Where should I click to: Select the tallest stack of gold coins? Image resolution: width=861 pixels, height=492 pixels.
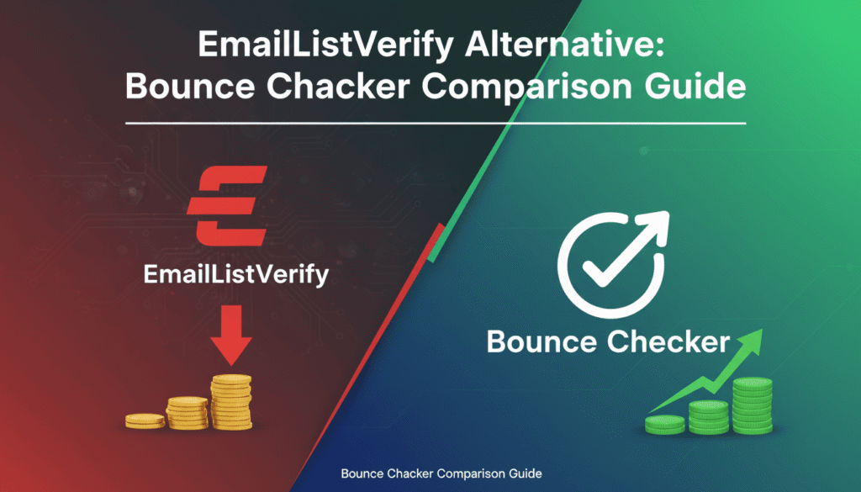tap(231, 402)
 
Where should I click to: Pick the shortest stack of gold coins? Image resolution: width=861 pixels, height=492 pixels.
tap(146, 419)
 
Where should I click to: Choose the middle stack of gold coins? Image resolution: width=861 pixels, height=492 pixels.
tap(187, 412)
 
